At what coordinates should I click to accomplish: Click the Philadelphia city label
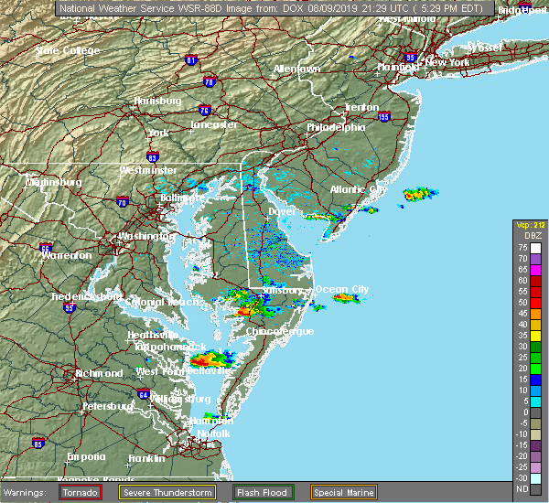[x=336, y=127]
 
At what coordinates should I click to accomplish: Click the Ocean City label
[x=342, y=289]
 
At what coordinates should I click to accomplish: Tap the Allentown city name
[x=296, y=70]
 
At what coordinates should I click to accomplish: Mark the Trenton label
[x=361, y=107]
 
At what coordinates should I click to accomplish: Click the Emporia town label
[x=86, y=456]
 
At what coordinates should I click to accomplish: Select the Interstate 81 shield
[x=191, y=60]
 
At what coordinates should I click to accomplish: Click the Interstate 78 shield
[x=210, y=82]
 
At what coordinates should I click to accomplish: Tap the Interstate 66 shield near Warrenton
[x=45, y=247]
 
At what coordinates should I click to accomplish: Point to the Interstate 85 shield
[x=38, y=444]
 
